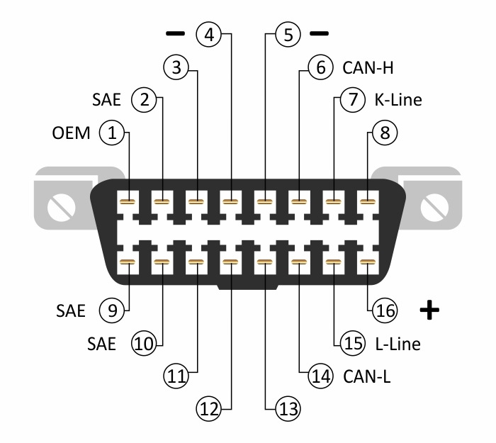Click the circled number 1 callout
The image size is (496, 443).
(111, 132)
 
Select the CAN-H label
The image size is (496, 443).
(368, 68)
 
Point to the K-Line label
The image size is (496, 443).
(398, 100)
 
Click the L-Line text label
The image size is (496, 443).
(398, 344)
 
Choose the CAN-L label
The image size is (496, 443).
(367, 376)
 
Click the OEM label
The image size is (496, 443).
(71, 133)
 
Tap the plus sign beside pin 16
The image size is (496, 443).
(429, 310)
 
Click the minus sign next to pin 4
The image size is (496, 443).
(174, 33)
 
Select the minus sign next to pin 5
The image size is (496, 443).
(320, 33)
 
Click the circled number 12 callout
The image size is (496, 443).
(208, 408)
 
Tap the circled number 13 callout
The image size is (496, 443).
(286, 408)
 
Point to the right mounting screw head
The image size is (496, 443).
(434, 208)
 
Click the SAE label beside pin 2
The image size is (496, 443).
(106, 100)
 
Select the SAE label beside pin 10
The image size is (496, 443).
(101, 344)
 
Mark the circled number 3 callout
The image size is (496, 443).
(176, 68)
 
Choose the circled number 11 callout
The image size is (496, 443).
(176, 376)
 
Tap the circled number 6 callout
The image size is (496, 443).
(320, 68)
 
